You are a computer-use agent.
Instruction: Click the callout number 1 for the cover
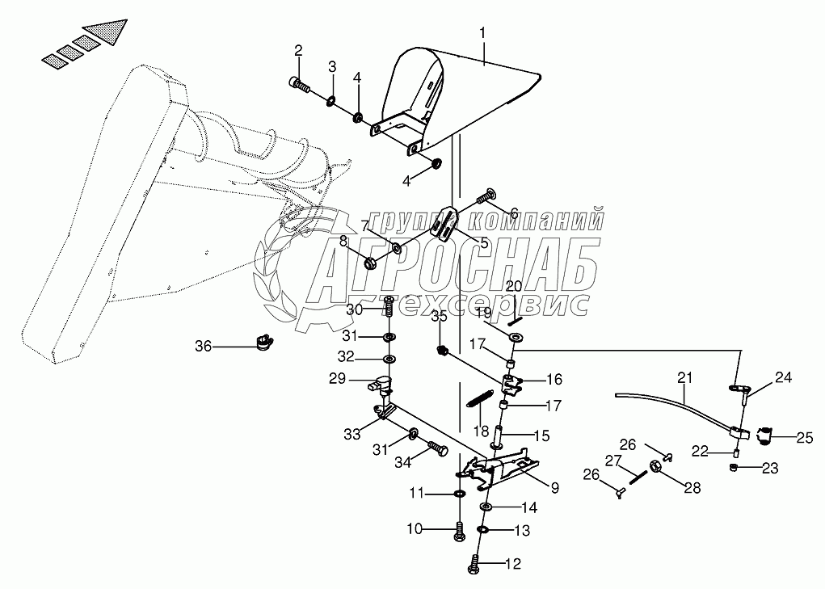(482, 34)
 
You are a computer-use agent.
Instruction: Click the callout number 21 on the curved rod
(684, 377)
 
